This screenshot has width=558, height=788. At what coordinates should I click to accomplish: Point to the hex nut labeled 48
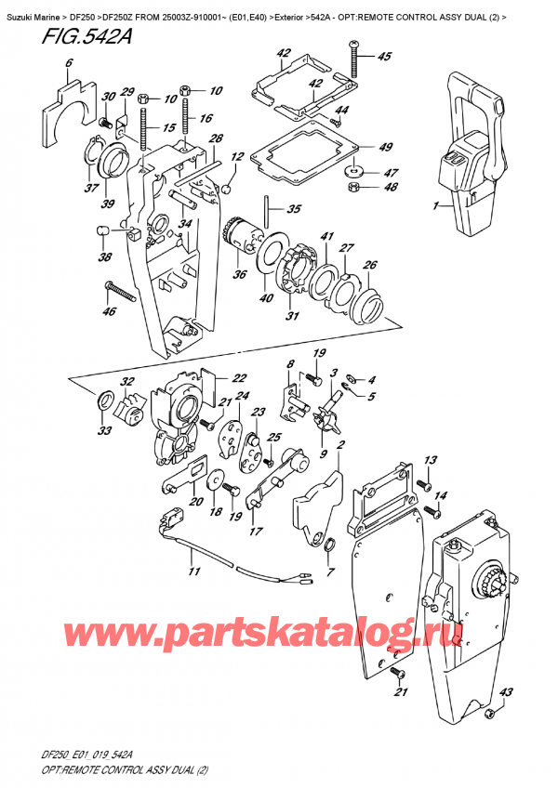pyautogui.click(x=354, y=187)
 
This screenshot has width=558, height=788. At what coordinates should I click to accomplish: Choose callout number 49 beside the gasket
pyautogui.click(x=385, y=146)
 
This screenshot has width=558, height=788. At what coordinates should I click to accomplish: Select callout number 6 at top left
pyautogui.click(x=68, y=63)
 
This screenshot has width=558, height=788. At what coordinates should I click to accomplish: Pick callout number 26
pyautogui.click(x=370, y=265)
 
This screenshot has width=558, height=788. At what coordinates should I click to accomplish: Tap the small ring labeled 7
pyautogui.click(x=330, y=544)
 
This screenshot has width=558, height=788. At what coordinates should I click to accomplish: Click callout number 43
pyautogui.click(x=507, y=691)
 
